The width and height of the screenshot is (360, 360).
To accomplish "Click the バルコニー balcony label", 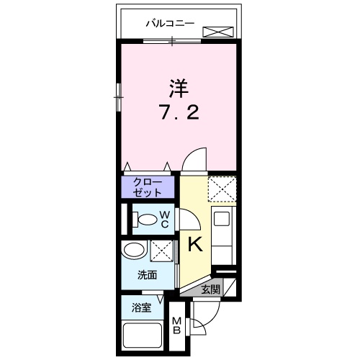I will pyautogui.click(x=170, y=23).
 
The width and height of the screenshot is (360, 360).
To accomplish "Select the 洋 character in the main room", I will pyautogui.click(x=178, y=89).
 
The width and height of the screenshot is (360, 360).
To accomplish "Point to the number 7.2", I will pyautogui.click(x=178, y=114).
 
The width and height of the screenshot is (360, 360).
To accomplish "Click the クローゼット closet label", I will pyautogui.click(x=147, y=187).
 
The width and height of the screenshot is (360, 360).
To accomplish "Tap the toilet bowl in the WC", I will pyautogui.click(x=147, y=220).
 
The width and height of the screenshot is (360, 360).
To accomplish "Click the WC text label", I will pyautogui.click(x=164, y=219).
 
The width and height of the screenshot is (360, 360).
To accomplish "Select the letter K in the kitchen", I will pyautogui.click(x=195, y=245).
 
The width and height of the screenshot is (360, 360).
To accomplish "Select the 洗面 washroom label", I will pyautogui.click(x=148, y=275).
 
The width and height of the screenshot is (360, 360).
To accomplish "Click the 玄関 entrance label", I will pyautogui.click(x=210, y=289).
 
